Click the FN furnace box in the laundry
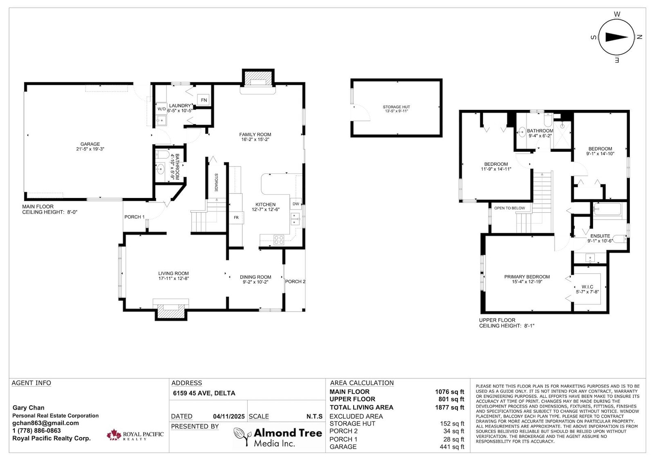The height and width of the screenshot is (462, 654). [x=204, y=100]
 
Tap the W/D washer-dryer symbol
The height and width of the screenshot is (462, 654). [x=161, y=109]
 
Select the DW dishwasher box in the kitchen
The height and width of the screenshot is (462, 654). [x=296, y=204]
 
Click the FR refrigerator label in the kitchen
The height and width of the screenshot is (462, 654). [x=236, y=218]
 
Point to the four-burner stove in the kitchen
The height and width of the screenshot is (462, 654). [x=278, y=240]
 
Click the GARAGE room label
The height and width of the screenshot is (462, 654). [x=90, y=144]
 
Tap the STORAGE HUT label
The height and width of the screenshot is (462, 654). [x=396, y=107]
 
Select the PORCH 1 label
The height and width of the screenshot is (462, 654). [x=134, y=217]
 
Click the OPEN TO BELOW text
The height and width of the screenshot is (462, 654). [x=509, y=208]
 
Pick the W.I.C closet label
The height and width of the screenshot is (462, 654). [x=587, y=287]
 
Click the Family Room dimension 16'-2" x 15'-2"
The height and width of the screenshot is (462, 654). [x=255, y=140]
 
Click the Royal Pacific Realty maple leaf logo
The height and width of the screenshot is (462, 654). [x=114, y=435]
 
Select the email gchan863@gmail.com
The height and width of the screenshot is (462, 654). [x=45, y=423]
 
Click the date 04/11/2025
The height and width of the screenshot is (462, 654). [x=229, y=417]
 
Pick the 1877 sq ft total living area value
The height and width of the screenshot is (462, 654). [x=450, y=407]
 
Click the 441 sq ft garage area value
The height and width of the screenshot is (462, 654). [x=452, y=446]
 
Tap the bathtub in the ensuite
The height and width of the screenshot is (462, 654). [x=607, y=209]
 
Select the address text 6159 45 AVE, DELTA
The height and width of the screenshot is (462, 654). [x=204, y=393]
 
